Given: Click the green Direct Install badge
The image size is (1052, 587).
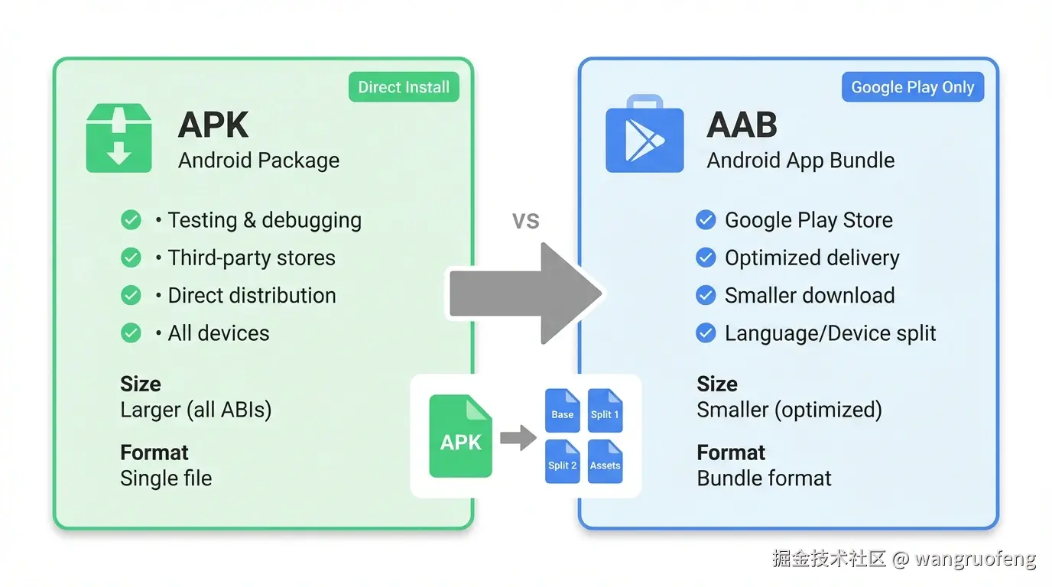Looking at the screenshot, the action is point(404,87).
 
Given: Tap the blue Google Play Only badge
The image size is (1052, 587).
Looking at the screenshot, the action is point(913,87).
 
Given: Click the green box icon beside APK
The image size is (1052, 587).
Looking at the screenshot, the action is point(119,138).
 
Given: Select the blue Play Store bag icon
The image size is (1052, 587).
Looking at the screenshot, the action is point(645,135).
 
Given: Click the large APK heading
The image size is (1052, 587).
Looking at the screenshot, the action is point(213,125).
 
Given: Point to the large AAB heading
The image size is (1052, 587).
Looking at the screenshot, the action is point(742,125).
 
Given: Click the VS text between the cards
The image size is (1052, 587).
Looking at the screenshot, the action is point(525,221).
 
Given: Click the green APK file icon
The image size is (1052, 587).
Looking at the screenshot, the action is point(460,436).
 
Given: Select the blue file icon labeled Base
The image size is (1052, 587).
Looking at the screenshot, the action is point(562,410).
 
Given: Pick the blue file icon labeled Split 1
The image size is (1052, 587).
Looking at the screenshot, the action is point(605,410).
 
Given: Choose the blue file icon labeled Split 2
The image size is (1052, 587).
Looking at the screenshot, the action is point(562,461).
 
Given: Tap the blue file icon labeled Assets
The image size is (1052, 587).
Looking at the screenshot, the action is point(605,461).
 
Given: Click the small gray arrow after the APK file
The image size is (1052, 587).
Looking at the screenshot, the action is point(518,438).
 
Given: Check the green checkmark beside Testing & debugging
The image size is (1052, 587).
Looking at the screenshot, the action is point(131,220).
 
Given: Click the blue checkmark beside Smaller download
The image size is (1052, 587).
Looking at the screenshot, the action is point(706,295).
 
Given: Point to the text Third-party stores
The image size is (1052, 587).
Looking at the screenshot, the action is point(252,258).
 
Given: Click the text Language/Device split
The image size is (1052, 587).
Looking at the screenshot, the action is point(830,333).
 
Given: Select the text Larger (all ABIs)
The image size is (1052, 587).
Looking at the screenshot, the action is point(196,410).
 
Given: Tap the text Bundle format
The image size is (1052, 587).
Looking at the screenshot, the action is point(764,478).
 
